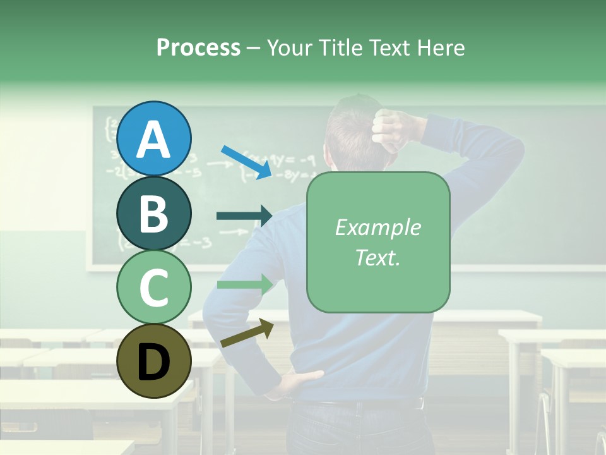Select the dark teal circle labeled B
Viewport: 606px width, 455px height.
pos(153,213)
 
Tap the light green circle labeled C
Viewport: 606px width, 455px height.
pos(153,288)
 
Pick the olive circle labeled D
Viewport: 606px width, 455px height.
pos(153,361)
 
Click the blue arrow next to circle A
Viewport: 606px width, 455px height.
pos(246,162)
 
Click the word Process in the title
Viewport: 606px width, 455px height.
pos(198,47)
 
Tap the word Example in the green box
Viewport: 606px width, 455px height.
pos(377,228)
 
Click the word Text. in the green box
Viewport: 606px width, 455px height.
pos(377,257)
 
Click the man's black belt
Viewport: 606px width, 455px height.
pos(366,404)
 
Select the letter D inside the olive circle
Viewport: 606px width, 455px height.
pos(153,362)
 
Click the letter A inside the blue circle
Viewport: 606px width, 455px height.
pos(153,139)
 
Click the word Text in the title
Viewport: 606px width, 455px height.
pos(389,47)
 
